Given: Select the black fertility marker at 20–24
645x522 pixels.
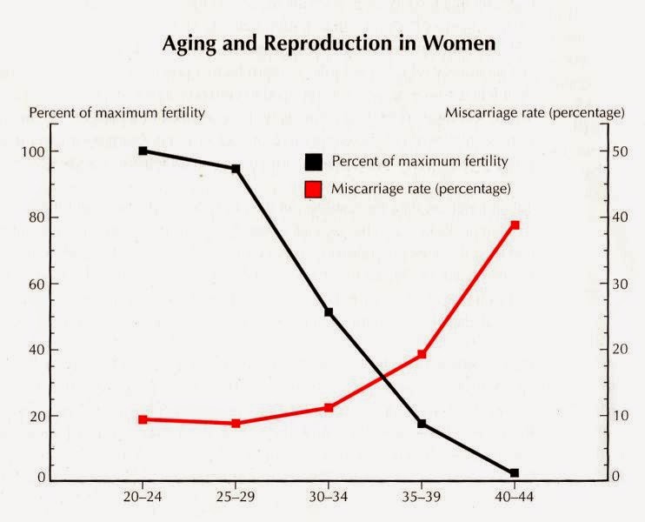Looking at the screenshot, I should tap(143, 151).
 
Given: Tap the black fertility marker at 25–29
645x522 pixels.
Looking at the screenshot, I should tap(236, 169).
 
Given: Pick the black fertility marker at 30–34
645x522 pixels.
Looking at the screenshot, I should tap(329, 311).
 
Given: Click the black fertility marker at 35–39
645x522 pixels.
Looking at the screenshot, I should tap(422, 424).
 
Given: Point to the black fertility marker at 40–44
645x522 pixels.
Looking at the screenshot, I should tap(515, 473).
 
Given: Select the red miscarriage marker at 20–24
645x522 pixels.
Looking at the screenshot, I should tap(143, 419).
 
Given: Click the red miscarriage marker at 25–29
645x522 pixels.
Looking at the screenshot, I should tap(236, 424).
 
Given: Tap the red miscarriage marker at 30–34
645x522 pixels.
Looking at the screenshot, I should tap(329, 407).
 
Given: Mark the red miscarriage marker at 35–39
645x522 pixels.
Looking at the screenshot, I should tap(422, 354).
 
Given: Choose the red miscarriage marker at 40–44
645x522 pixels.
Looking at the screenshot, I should tap(515, 225).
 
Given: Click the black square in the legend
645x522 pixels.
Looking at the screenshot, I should tap(312, 161).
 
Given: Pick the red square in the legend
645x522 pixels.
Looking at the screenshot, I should tap(312, 188).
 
